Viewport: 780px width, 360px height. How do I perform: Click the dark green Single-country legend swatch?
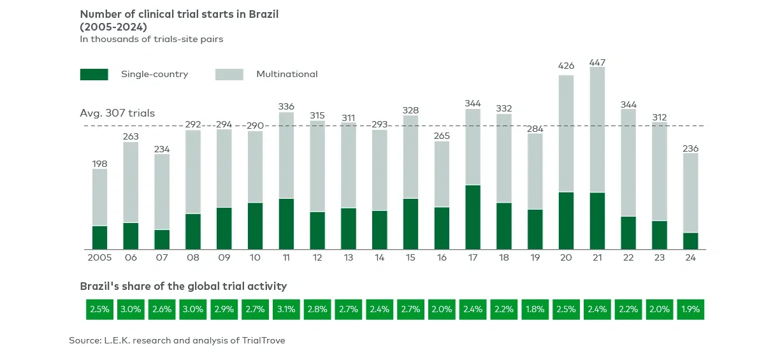94,75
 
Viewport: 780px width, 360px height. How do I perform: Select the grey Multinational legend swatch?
229,75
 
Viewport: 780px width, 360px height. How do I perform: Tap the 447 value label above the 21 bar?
597,62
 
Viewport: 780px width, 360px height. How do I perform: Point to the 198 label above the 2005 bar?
99,164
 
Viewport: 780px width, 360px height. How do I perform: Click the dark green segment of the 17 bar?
473,217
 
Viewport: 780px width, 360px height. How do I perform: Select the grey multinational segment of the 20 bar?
566,134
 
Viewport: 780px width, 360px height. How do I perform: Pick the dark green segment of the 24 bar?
691,241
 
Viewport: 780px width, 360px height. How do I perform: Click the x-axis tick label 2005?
99,258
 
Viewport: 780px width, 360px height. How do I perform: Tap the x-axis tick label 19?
535,258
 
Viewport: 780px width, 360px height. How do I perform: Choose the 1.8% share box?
535,309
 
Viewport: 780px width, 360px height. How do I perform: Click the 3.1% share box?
286,309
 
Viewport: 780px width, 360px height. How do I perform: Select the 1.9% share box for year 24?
690,309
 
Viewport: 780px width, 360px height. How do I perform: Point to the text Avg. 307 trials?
117,113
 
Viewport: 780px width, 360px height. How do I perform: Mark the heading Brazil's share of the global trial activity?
183,286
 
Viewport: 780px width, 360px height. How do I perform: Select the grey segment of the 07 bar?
162,191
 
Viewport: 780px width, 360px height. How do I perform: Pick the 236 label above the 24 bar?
691,148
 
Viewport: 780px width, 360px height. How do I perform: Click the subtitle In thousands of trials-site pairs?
151,39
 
